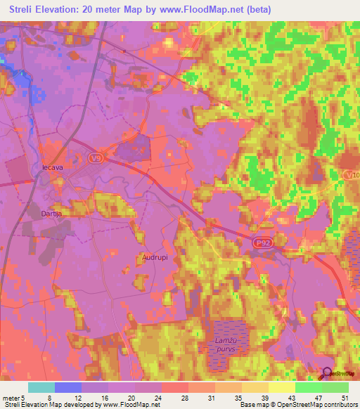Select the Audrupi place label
pyautogui.click(x=154, y=257)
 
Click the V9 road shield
pyautogui.click(x=96, y=159)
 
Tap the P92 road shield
pyautogui.click(x=262, y=242)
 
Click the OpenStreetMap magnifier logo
pyautogui.click(x=327, y=374)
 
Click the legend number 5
pyautogui.click(x=25, y=397)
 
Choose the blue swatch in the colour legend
pyautogui.click(x=68, y=387)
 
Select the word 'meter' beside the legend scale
pyautogui.click(x=11, y=397)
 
